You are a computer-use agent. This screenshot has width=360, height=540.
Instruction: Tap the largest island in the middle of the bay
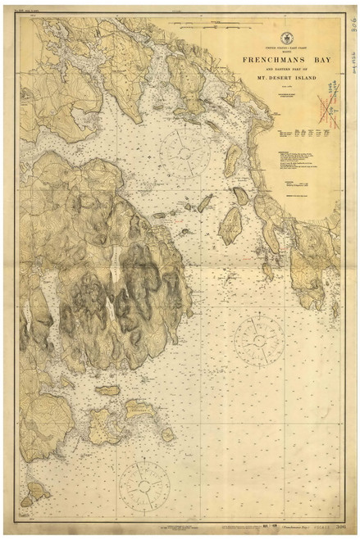230,225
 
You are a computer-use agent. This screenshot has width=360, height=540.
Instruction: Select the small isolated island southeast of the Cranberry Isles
167,434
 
